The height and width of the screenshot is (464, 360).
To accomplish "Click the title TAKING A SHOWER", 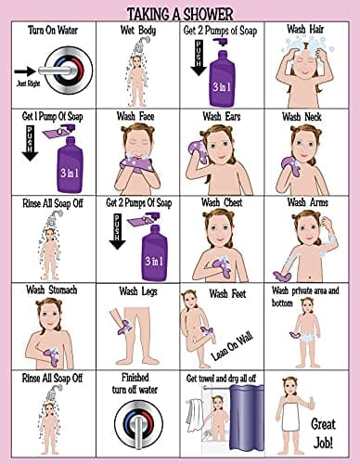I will (180, 11).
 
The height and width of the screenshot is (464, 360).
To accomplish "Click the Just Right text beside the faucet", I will (27, 82).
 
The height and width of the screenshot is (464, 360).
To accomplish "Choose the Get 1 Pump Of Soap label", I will (52, 118).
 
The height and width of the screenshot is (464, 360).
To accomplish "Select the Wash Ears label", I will (223, 118).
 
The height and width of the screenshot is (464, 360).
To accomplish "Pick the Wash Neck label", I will (307, 118).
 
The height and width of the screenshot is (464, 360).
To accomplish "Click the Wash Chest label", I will (223, 202).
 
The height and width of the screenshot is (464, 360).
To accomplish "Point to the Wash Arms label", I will (307, 202).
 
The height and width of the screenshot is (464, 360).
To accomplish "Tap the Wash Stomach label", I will (52, 290).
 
